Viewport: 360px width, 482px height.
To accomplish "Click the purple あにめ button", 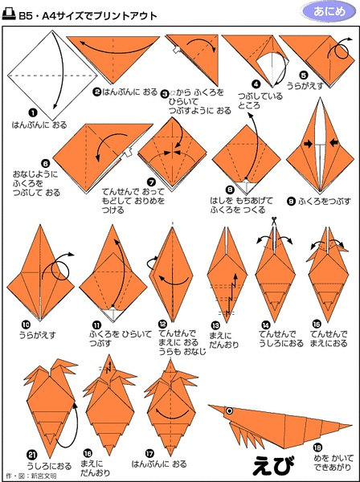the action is tap(329, 12).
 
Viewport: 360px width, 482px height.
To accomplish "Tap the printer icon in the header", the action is tap(9, 14).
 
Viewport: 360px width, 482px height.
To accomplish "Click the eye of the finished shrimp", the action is tap(229, 411).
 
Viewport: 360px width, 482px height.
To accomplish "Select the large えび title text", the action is tap(273, 464).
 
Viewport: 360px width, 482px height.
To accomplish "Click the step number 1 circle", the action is tap(33, 113).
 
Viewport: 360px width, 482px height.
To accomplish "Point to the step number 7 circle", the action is tap(151, 182).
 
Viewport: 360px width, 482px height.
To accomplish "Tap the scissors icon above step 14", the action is tap(273, 220).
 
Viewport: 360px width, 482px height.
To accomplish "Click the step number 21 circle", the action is tap(32, 454).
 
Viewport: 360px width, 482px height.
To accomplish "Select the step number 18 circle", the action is tap(318, 447).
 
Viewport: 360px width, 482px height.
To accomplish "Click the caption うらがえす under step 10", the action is tap(38, 334).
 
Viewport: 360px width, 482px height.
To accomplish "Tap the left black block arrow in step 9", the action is tap(308, 144).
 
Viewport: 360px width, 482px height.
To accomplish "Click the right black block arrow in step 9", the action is tap(334, 142).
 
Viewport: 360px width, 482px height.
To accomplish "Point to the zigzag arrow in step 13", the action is tap(232, 293).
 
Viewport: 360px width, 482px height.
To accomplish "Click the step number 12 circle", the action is tap(162, 324).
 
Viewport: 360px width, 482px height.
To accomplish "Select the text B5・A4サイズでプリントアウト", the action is tap(88, 15).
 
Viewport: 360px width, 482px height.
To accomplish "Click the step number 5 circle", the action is tap(304, 76).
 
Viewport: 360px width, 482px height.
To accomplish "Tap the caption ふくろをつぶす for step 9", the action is tap(325, 202).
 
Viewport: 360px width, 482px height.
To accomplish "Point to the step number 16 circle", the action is tap(88, 453).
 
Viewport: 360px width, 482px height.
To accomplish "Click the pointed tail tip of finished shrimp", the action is tap(351, 426).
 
